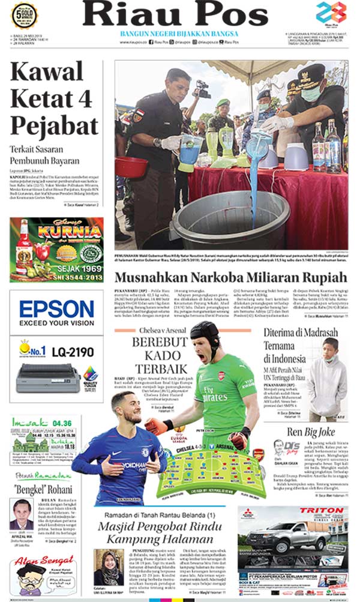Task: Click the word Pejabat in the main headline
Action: pyautogui.click(x=55, y=126)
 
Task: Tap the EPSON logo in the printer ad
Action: pyautogui.click(x=56, y=310)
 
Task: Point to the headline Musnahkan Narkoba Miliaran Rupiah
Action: pyautogui.click(x=230, y=278)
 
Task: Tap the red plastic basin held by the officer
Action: pyautogui.click(x=131, y=166)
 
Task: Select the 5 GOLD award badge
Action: pyautogui.click(x=25, y=16)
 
